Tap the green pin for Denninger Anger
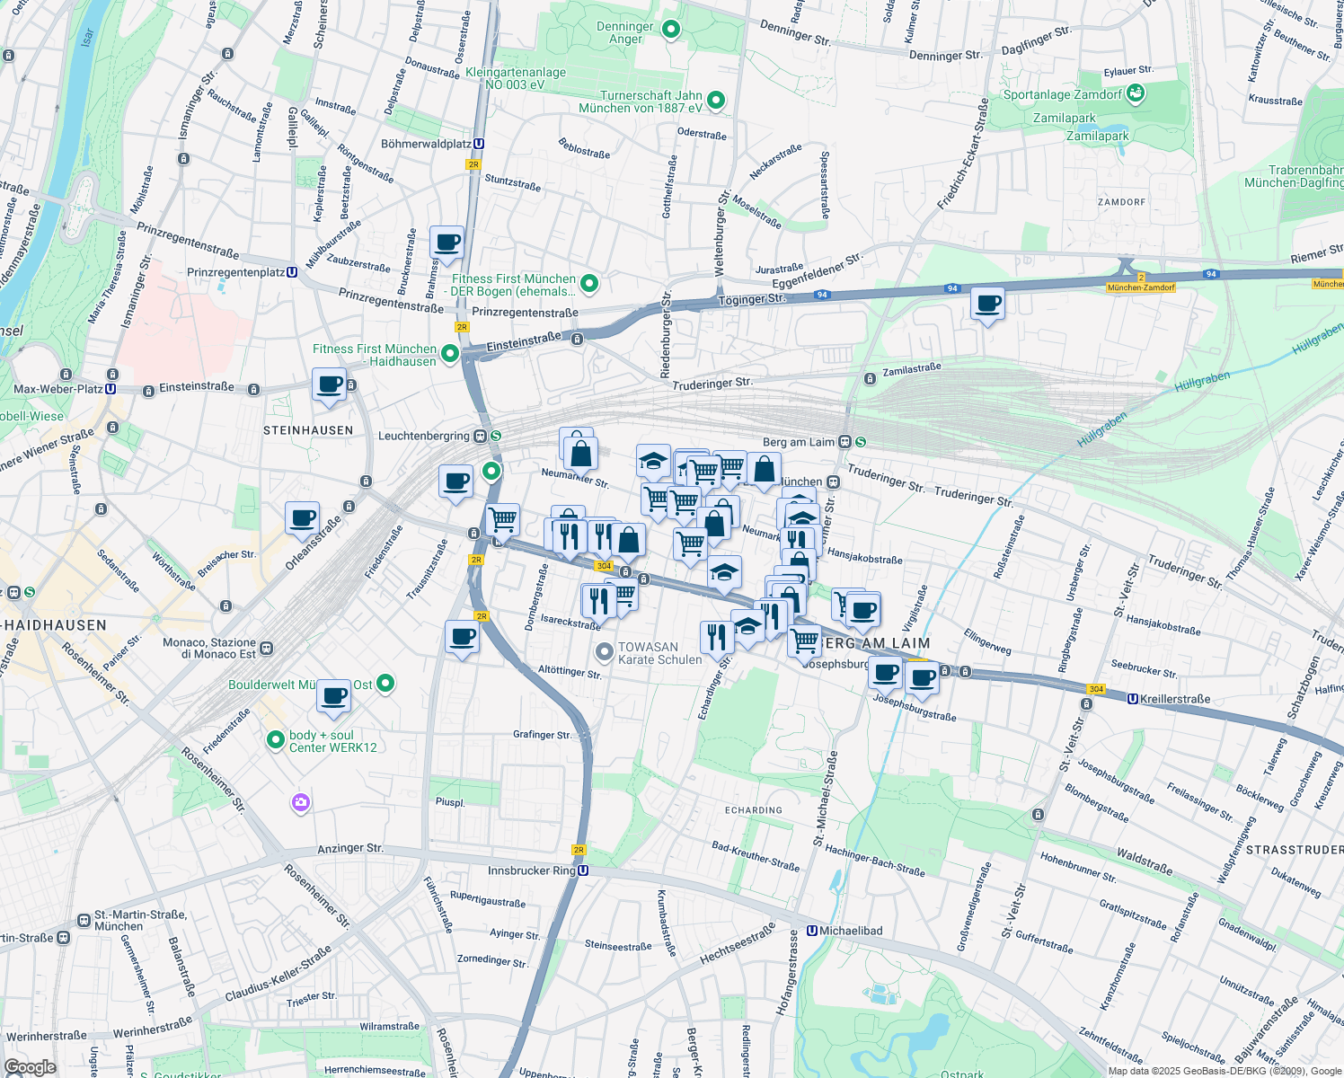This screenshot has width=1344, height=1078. point(670,30)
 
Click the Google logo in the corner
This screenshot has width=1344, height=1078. point(30,1067)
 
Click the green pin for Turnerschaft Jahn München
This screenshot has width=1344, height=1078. point(716,100)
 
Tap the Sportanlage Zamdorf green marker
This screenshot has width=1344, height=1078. point(1135,93)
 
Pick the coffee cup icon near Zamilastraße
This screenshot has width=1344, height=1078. point(987,304)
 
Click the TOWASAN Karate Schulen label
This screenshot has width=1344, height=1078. point(659,653)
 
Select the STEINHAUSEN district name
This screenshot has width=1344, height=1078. point(308,430)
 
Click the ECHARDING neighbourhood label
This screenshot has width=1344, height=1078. point(753,810)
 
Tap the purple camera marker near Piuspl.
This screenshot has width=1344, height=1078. point(301,802)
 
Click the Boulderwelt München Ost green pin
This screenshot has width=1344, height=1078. point(385,684)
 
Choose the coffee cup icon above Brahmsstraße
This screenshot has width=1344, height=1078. point(447,243)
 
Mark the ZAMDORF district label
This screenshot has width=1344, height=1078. point(1121,202)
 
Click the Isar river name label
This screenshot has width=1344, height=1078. point(87,38)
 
